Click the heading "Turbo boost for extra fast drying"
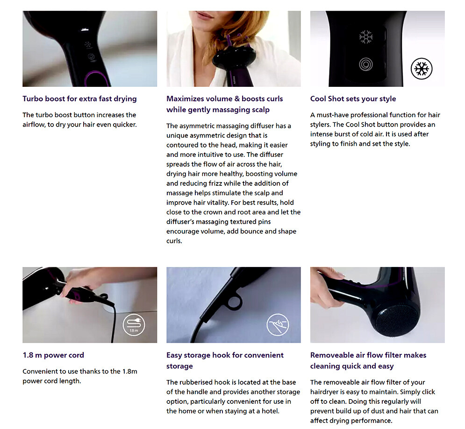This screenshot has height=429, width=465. [x=79, y=98]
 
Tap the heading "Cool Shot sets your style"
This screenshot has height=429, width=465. [x=353, y=98]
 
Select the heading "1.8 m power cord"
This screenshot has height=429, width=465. [x=53, y=355]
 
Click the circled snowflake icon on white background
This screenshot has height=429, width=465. [x=422, y=69]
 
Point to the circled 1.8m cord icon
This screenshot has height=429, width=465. [x=134, y=325]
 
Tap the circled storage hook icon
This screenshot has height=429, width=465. [x=278, y=325]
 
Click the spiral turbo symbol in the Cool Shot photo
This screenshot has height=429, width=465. [x=365, y=64]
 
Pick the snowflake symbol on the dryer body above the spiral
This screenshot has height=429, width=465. [x=366, y=37]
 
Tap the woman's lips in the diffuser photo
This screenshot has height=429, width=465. [x=205, y=14]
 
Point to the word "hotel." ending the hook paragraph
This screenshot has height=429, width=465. [x=271, y=411]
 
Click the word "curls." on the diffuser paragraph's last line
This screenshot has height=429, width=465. [x=174, y=241]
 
